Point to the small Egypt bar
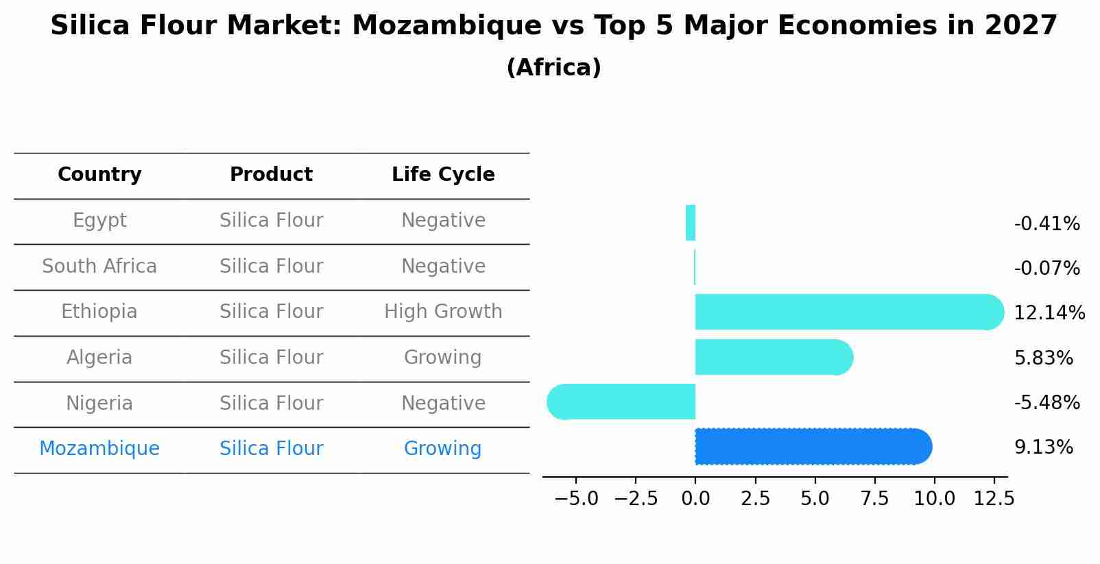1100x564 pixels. point(691,223)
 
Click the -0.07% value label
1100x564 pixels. point(1047,268)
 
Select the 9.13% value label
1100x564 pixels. point(1043,447)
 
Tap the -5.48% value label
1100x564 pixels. point(1047,402)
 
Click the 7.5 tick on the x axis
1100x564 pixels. point(874,498)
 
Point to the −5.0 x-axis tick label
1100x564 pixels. point(575,498)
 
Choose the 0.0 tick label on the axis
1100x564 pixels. point(695,498)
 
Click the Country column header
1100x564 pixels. point(99,175)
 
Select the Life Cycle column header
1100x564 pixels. point(443,175)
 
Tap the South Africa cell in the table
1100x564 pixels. point(99,266)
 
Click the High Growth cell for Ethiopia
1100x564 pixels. point(443,312)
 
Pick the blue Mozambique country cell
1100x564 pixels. point(99,449)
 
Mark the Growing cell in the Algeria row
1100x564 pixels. point(442,357)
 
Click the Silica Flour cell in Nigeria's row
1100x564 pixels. point(271,403)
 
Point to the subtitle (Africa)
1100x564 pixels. point(553,67)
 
